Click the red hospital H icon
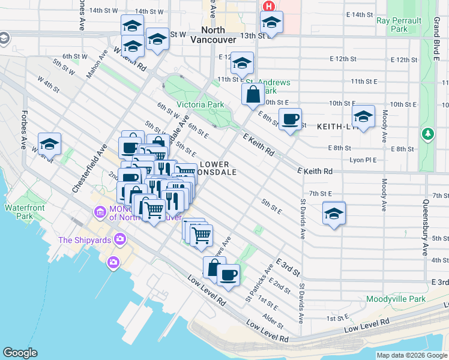[x=269, y=6]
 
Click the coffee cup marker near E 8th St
[x=290, y=119]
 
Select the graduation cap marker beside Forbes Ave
[x=49, y=144]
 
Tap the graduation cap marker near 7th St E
[x=334, y=212]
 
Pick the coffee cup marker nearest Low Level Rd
[x=228, y=275]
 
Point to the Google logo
[x=20, y=353]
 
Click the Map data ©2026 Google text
[x=412, y=355]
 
